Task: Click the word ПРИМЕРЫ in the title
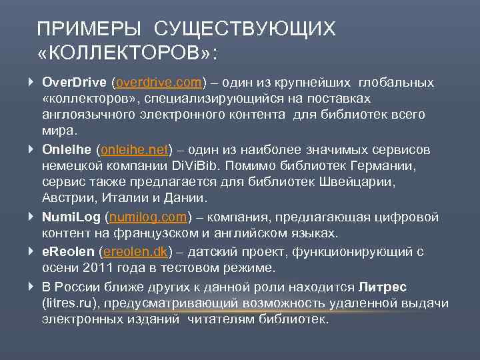coord(89,29)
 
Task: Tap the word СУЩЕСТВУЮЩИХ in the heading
coord(245,29)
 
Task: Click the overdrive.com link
coord(159,83)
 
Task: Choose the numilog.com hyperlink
coord(149,217)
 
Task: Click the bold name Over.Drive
coord(74,83)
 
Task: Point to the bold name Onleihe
coord(66,149)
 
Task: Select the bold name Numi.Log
coord(71,217)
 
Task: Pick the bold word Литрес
coord(383,286)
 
